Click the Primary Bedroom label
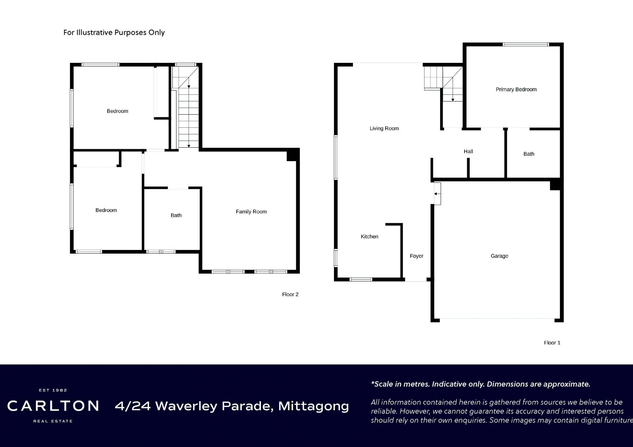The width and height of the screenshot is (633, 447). tap(516, 89)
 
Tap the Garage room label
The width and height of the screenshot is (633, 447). tap(499, 256)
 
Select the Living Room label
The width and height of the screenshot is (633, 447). tap(384, 128)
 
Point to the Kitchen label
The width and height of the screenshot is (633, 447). tap(369, 237)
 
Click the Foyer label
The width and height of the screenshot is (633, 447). tap(416, 256)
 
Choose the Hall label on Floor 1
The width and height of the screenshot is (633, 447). tap(468, 152)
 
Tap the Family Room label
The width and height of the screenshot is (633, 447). tap(251, 212)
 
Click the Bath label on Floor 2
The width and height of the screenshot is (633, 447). tap(176, 215)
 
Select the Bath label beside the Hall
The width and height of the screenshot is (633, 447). tap(529, 154)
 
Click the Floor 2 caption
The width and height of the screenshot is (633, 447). tap(290, 294)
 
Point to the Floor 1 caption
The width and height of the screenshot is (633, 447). tap(552, 343)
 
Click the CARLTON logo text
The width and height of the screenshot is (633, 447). tap(53, 406)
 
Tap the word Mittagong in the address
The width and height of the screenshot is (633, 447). tap(314, 406)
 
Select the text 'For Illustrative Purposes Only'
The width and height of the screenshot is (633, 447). tap(114, 32)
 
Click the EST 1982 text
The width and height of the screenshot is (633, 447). tap(53, 390)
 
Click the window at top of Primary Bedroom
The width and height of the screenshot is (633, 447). tap(526, 44)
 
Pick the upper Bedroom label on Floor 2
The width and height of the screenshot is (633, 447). tap(117, 111)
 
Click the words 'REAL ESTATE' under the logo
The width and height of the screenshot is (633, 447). tap(53, 421)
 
